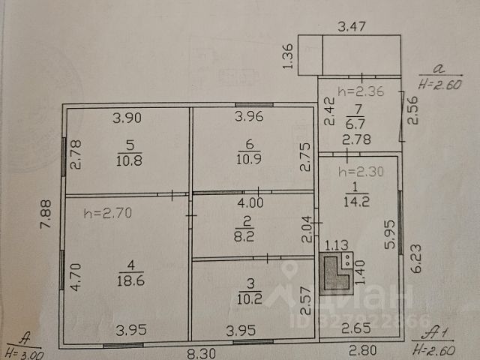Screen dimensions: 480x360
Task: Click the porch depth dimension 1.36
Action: (287, 57)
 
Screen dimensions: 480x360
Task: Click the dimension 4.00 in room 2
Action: (250, 202)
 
